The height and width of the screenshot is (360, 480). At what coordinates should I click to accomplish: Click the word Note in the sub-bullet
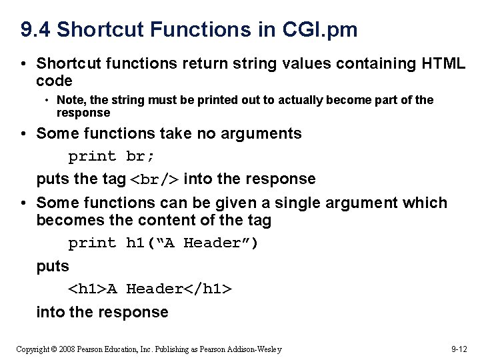(69, 100)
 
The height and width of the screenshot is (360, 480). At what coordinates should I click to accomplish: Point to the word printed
(200, 100)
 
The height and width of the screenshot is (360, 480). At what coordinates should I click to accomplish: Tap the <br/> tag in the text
(154, 179)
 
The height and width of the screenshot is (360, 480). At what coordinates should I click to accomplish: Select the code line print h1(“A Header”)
(163, 243)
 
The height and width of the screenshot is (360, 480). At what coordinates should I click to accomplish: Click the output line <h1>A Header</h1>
(150, 289)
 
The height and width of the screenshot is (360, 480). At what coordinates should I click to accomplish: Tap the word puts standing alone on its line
(53, 266)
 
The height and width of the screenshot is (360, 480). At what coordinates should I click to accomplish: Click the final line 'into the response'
(102, 311)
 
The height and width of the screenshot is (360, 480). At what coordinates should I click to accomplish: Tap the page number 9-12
(459, 349)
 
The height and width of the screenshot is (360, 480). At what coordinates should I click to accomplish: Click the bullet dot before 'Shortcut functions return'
(23, 64)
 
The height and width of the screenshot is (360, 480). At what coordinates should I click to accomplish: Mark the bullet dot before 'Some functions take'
(23, 133)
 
